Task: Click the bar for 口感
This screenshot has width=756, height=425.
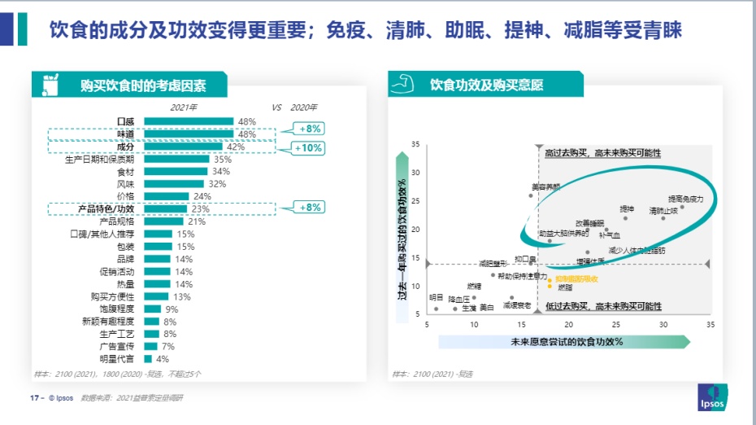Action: [x=189, y=122]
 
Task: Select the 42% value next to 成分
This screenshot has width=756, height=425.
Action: [x=236, y=147]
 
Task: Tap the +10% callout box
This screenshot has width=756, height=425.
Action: [x=310, y=148]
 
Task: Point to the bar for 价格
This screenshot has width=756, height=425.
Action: [x=166, y=196]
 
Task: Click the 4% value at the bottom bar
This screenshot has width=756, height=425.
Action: [x=163, y=358]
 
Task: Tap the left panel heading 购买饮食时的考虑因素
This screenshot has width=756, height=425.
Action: [x=143, y=85]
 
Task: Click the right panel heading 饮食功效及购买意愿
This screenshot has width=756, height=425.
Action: [x=486, y=85]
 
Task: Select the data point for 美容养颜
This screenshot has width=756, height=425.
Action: [x=532, y=195]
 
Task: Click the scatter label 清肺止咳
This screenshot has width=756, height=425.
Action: [x=663, y=210]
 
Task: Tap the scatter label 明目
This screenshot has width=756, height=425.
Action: [x=437, y=297]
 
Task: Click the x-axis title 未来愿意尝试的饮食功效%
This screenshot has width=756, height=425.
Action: [x=567, y=342]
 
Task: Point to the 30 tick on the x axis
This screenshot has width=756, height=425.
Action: [x=663, y=324]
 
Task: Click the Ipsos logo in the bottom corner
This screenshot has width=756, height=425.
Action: [x=713, y=397]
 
